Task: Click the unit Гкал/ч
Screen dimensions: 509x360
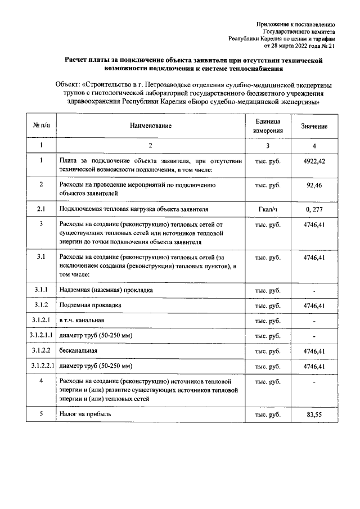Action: point(268,209)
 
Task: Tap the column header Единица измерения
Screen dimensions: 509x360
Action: point(268,125)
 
